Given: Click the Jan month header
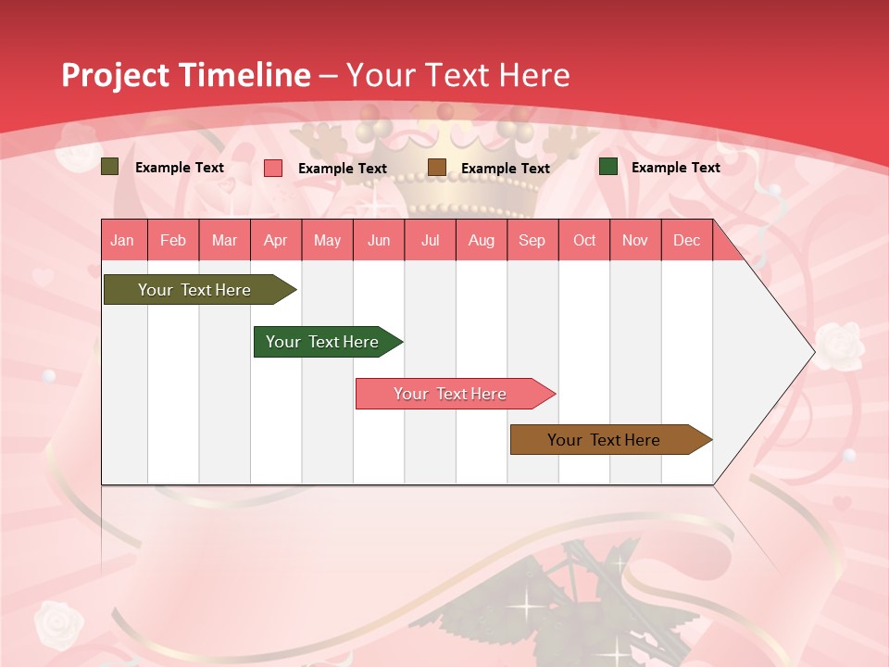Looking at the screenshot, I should (x=122, y=240).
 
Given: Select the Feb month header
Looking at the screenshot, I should (x=173, y=240).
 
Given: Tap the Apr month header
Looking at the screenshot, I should (x=276, y=240).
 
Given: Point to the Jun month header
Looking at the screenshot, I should (x=379, y=240).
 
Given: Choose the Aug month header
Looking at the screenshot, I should (x=482, y=240).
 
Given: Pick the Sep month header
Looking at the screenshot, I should (x=532, y=240).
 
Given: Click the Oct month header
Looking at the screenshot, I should (x=584, y=240).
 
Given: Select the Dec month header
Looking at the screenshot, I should (x=687, y=240).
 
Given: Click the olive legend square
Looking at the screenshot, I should (x=109, y=167).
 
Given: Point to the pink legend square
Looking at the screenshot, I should (x=273, y=168).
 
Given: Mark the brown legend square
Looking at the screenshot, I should (x=437, y=168).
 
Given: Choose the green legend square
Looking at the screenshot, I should (x=608, y=167).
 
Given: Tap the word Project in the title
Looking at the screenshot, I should (x=116, y=75).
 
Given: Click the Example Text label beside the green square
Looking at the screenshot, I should (x=675, y=168).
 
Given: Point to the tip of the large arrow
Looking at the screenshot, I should (x=812, y=352).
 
